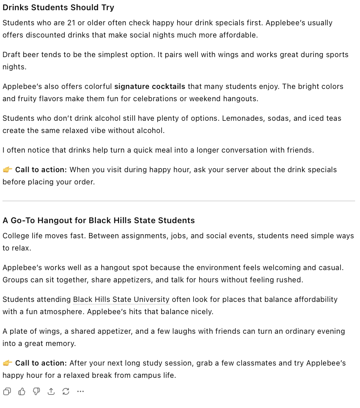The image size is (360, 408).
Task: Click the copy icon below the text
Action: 7,392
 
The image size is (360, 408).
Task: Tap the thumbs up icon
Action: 22,392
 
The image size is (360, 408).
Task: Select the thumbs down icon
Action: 36,392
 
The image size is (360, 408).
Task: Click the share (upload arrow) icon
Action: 51,392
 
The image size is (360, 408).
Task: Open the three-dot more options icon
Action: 80,392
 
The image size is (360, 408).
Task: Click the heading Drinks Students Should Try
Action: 58,8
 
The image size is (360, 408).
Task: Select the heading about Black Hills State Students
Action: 99,221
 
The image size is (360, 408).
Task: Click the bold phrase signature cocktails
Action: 150,86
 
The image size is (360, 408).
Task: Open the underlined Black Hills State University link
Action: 121,299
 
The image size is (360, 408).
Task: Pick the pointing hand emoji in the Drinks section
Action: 7,170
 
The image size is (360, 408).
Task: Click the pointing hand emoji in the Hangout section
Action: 7,363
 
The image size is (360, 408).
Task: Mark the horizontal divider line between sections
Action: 179,201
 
